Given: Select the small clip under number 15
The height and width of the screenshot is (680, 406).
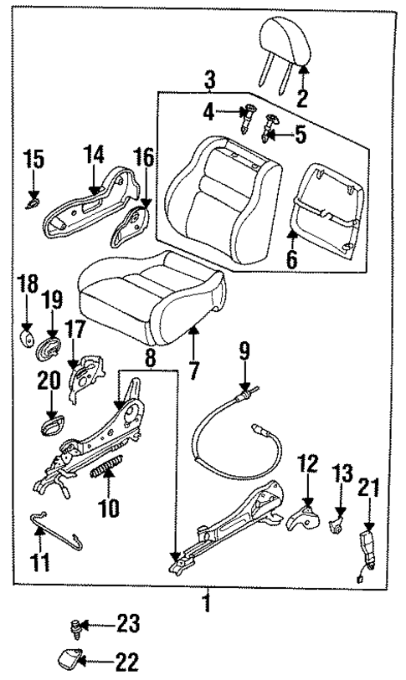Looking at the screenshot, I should (33, 202).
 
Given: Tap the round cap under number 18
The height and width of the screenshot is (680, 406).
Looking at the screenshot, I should (28, 338).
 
